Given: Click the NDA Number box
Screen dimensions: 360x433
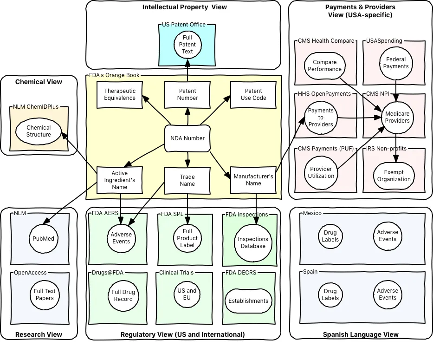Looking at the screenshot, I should (187, 138).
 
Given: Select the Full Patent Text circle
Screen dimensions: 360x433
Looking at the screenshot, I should (187, 45).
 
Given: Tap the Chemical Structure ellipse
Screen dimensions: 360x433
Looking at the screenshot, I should (39, 131).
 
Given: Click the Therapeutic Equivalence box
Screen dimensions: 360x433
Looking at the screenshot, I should (120, 95).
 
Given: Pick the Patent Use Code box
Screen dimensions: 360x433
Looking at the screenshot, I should (253, 95).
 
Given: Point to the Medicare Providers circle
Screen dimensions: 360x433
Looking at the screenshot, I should (397, 117).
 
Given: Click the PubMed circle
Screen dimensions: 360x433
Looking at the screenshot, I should (43, 239).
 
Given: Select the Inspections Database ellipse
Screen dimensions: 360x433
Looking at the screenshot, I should (253, 242).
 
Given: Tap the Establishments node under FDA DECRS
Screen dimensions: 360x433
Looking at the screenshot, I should (248, 301).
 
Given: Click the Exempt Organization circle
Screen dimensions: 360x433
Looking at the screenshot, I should (394, 176).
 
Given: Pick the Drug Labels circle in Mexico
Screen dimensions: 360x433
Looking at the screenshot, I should (330, 236).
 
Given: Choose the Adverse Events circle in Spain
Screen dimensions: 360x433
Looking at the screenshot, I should (387, 294).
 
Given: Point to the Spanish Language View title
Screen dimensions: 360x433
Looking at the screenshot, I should (361, 334).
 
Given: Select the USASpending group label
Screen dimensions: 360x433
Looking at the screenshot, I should (384, 41).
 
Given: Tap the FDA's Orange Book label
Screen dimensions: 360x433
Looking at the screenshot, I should (114, 75).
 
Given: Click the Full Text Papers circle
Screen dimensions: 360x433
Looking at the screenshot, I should (45, 295).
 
